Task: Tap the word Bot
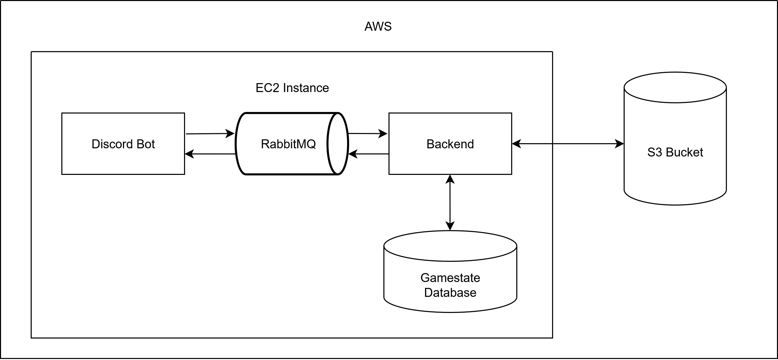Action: click(x=146, y=144)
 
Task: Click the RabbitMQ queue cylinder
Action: click(x=284, y=160)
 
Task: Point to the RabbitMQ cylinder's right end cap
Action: click(x=337, y=144)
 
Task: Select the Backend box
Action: click(x=450, y=160)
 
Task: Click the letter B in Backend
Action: click(x=430, y=144)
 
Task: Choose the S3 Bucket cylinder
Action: click(x=675, y=175)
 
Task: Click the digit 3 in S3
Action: click(x=658, y=152)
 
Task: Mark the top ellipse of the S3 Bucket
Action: click(x=675, y=88)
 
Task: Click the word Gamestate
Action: click(x=450, y=278)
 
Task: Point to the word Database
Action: click(x=450, y=293)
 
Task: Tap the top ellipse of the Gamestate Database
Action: click(x=450, y=246)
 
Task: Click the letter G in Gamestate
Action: click(x=425, y=278)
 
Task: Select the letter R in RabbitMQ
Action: click(x=265, y=144)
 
